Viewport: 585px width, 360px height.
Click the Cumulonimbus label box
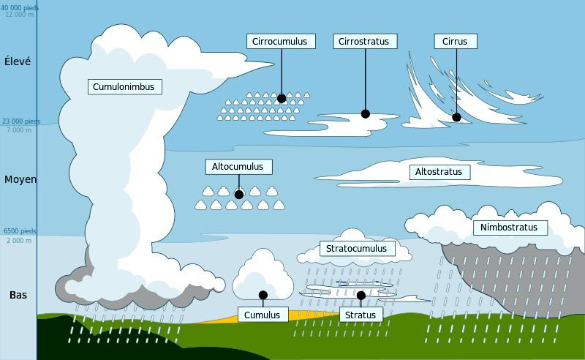point(125,86)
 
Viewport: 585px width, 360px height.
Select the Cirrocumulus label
point(281,42)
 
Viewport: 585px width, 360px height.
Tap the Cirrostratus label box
point(365,42)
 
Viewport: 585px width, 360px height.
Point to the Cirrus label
point(456,42)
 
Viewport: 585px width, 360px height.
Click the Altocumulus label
point(239,167)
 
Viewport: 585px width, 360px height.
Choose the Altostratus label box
point(440,172)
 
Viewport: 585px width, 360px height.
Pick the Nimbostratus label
point(510,228)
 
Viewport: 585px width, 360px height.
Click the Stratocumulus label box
point(358,248)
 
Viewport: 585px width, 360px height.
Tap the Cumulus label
point(263,315)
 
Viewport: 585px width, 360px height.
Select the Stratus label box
point(361,315)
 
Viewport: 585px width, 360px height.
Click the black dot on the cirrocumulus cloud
point(282,99)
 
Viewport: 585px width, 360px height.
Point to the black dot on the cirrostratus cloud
point(366,114)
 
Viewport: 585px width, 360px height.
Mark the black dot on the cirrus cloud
point(456,117)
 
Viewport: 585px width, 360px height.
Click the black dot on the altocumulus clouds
point(239,195)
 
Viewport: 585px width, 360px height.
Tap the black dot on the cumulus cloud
point(263,295)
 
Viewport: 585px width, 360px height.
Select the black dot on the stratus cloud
point(361,296)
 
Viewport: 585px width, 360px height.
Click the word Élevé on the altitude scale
point(18,61)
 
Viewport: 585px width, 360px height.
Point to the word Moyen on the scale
point(20,179)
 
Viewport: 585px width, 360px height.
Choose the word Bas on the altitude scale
point(18,295)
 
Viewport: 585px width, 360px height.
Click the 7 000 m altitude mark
point(19,130)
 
